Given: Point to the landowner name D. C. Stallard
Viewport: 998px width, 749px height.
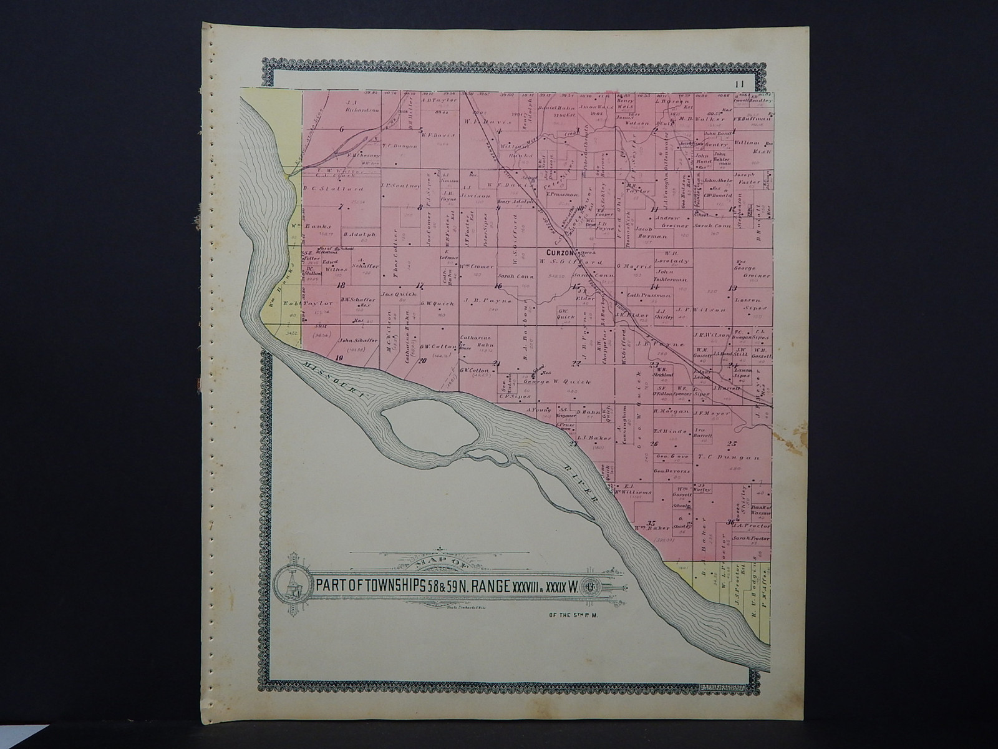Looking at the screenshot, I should click(x=324, y=188).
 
